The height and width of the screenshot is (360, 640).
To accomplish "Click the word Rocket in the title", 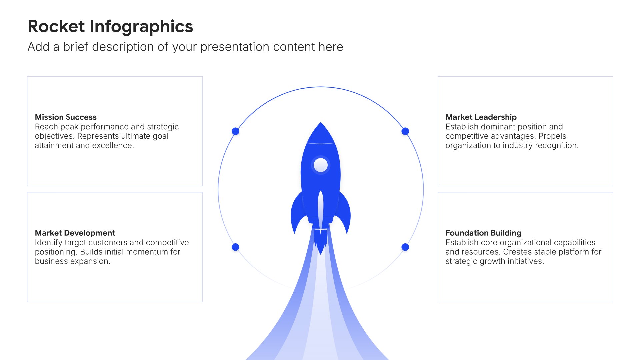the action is click(56, 26).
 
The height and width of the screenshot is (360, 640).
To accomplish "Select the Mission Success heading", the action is click(66, 117).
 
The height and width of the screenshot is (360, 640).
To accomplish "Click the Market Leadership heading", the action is click(481, 117).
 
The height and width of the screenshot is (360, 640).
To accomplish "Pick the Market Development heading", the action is click(75, 233).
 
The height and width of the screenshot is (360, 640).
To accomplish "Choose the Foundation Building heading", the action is click(483, 233).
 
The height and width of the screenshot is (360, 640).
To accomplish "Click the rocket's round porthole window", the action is click(321, 165).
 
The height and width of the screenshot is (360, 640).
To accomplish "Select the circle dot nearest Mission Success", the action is click(235, 131).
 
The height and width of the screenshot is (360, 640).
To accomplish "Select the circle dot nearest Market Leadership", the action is click(405, 131).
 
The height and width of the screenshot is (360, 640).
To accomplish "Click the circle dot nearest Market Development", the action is click(235, 247).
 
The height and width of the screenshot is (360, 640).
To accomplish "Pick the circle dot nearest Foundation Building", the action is click(405, 247).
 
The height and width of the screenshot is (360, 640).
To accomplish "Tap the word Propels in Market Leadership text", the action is click(552, 136).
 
